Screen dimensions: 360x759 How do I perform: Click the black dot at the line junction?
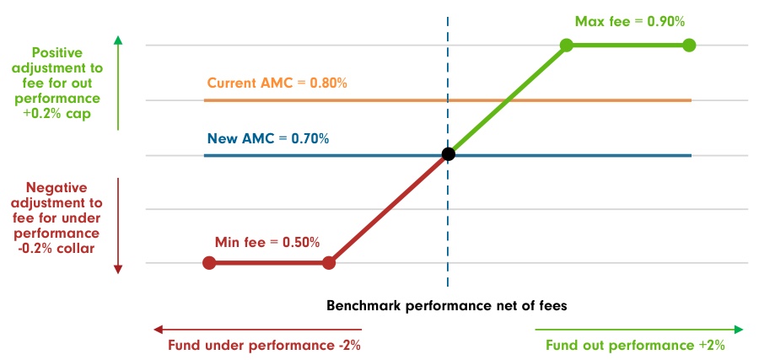(448, 154)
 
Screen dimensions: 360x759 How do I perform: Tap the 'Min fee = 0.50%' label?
(267, 242)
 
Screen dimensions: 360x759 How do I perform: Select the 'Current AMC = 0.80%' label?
(277, 83)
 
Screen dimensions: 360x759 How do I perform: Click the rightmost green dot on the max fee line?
(688, 45)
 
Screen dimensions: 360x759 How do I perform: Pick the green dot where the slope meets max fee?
(566, 45)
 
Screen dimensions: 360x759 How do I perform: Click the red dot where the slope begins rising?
(329, 263)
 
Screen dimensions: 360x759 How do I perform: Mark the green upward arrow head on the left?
(118, 40)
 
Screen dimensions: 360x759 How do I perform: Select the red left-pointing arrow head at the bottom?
(157, 329)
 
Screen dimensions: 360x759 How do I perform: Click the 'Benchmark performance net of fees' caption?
(447, 305)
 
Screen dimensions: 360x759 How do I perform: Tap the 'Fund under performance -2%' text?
(257, 345)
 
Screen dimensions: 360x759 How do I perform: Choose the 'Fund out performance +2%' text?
(635, 345)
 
